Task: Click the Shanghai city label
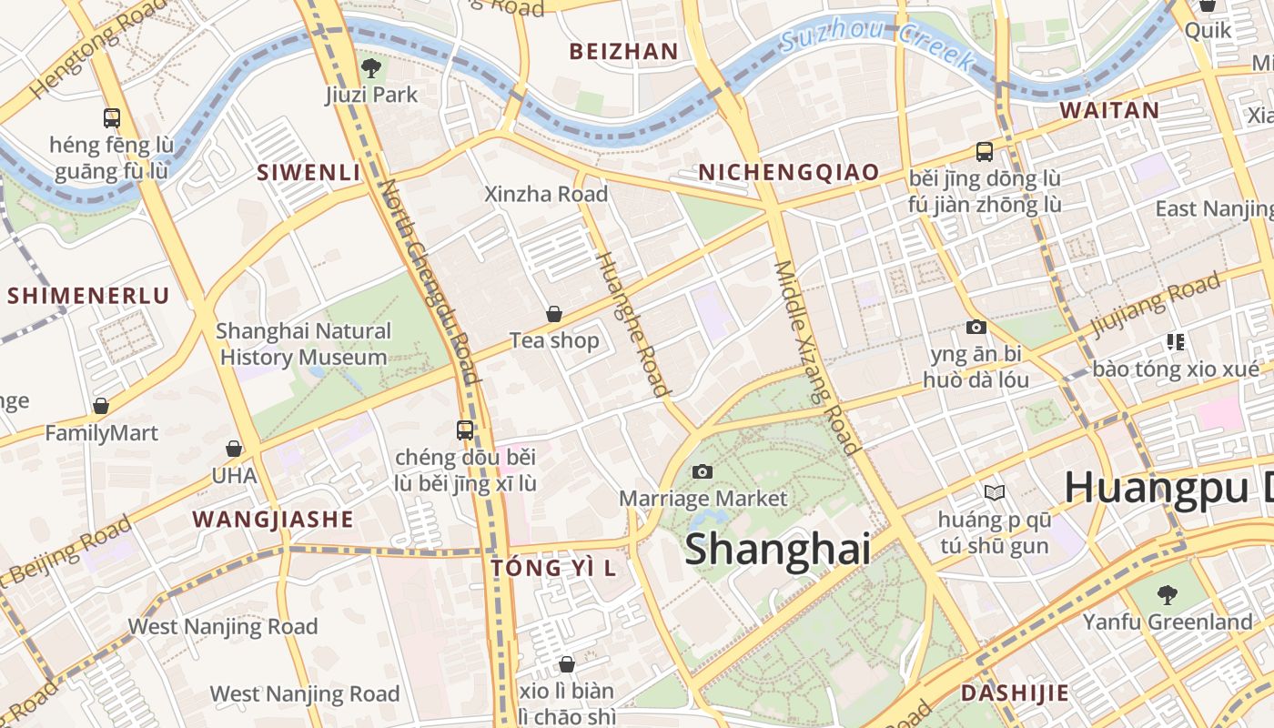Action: tap(777, 549)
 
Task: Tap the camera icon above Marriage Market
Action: tap(702, 471)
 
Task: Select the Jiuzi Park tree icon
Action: tap(371, 67)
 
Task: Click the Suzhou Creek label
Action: tap(877, 45)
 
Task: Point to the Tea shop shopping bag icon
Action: tap(553, 314)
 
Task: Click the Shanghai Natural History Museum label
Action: tap(304, 344)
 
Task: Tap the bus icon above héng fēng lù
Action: tap(112, 117)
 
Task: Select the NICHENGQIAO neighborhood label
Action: tap(788, 172)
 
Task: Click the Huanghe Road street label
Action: tap(632, 324)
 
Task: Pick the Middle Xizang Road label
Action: tap(816, 357)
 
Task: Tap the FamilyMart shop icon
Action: tap(101, 406)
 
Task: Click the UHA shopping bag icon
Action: tap(234, 449)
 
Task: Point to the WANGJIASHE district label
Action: tap(272, 520)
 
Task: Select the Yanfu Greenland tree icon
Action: tap(1167, 595)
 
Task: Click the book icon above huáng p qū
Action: tap(995, 492)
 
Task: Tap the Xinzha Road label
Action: tap(546, 194)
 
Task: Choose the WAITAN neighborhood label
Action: tap(1109, 110)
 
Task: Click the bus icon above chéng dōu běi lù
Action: tap(465, 430)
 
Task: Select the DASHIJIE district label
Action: tap(1015, 693)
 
